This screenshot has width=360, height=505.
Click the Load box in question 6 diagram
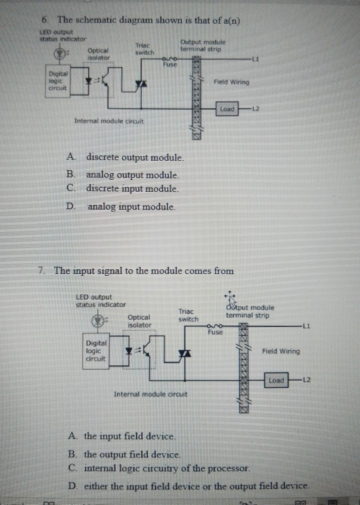coord(227,109)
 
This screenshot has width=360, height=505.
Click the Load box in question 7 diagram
coord(277,379)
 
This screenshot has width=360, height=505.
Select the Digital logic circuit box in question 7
coord(97,351)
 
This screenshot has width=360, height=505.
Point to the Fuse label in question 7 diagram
coord(215,333)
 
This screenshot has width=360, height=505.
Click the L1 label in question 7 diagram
coord(306,326)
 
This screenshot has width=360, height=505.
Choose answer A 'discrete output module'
coord(135,158)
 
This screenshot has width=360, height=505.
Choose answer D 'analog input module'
coord(131,207)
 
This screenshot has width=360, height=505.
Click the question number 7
coord(41,271)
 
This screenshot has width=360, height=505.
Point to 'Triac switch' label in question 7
coord(188,315)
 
